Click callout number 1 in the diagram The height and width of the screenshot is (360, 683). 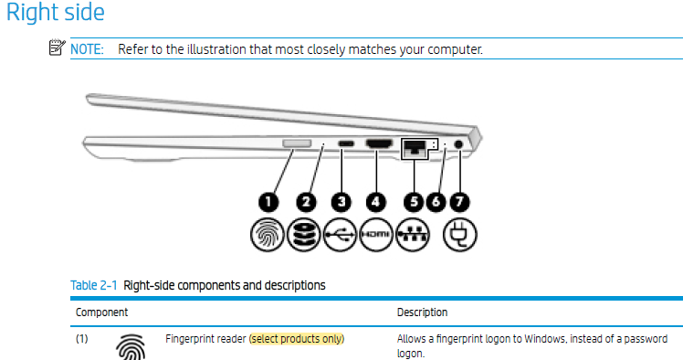click(x=268, y=202)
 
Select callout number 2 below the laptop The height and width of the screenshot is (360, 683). click(x=306, y=202)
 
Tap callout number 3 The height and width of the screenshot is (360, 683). click(x=341, y=202)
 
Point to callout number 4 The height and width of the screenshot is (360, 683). click(x=375, y=202)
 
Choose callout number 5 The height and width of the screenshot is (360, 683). click(x=414, y=202)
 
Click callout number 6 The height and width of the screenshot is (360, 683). click(x=436, y=202)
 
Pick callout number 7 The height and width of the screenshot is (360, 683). click(x=459, y=202)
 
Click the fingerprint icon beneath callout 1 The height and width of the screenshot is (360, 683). click(x=268, y=235)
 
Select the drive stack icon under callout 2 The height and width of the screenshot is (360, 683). click(x=303, y=235)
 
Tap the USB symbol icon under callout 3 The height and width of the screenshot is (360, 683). click(x=341, y=235)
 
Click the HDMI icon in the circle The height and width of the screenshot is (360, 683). click(x=376, y=235)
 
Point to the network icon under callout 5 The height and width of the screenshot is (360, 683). click(x=413, y=235)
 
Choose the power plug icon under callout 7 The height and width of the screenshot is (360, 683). click(x=460, y=235)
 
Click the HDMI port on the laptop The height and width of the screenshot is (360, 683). click(x=379, y=143)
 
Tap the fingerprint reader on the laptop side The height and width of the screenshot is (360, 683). click(x=297, y=143)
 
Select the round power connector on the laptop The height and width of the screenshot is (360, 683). click(x=458, y=143)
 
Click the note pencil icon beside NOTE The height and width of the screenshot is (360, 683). click(x=57, y=48)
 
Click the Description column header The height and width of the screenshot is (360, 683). click(x=422, y=312)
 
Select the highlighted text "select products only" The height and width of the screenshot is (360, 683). click(x=297, y=339)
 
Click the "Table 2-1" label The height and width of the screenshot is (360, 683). click(x=94, y=285)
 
